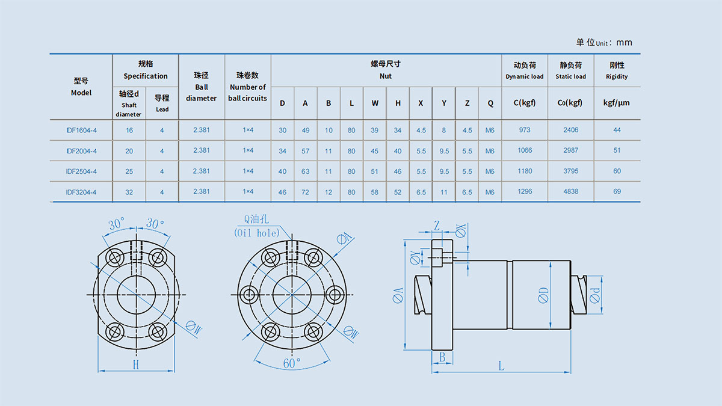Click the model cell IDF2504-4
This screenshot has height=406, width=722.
coord(81,171)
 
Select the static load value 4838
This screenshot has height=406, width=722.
coord(571,191)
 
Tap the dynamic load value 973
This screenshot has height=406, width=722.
coord(525,130)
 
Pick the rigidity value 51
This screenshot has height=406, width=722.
coord(617,150)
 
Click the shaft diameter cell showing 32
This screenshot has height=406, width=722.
coord(129,192)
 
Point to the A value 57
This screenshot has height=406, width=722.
coord(305,151)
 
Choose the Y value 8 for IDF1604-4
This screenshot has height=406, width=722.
coord(444,130)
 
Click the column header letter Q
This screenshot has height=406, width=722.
coord(490,103)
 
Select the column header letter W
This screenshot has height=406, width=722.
coord(375,103)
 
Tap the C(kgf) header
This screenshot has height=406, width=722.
coord(525,103)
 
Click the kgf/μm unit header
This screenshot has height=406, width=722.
coord(617,103)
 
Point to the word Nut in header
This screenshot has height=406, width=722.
coord(386,76)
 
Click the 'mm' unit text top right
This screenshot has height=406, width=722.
coord(625,43)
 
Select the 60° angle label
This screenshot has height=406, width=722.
coord(292,363)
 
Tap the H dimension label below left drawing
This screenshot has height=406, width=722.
coord(136,364)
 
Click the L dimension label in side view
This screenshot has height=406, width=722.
coord(501,366)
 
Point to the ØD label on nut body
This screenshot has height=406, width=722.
coord(543,295)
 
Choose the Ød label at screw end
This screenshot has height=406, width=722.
coord(595,295)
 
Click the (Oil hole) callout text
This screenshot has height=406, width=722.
coord(257,233)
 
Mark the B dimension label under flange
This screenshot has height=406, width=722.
coord(442,357)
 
